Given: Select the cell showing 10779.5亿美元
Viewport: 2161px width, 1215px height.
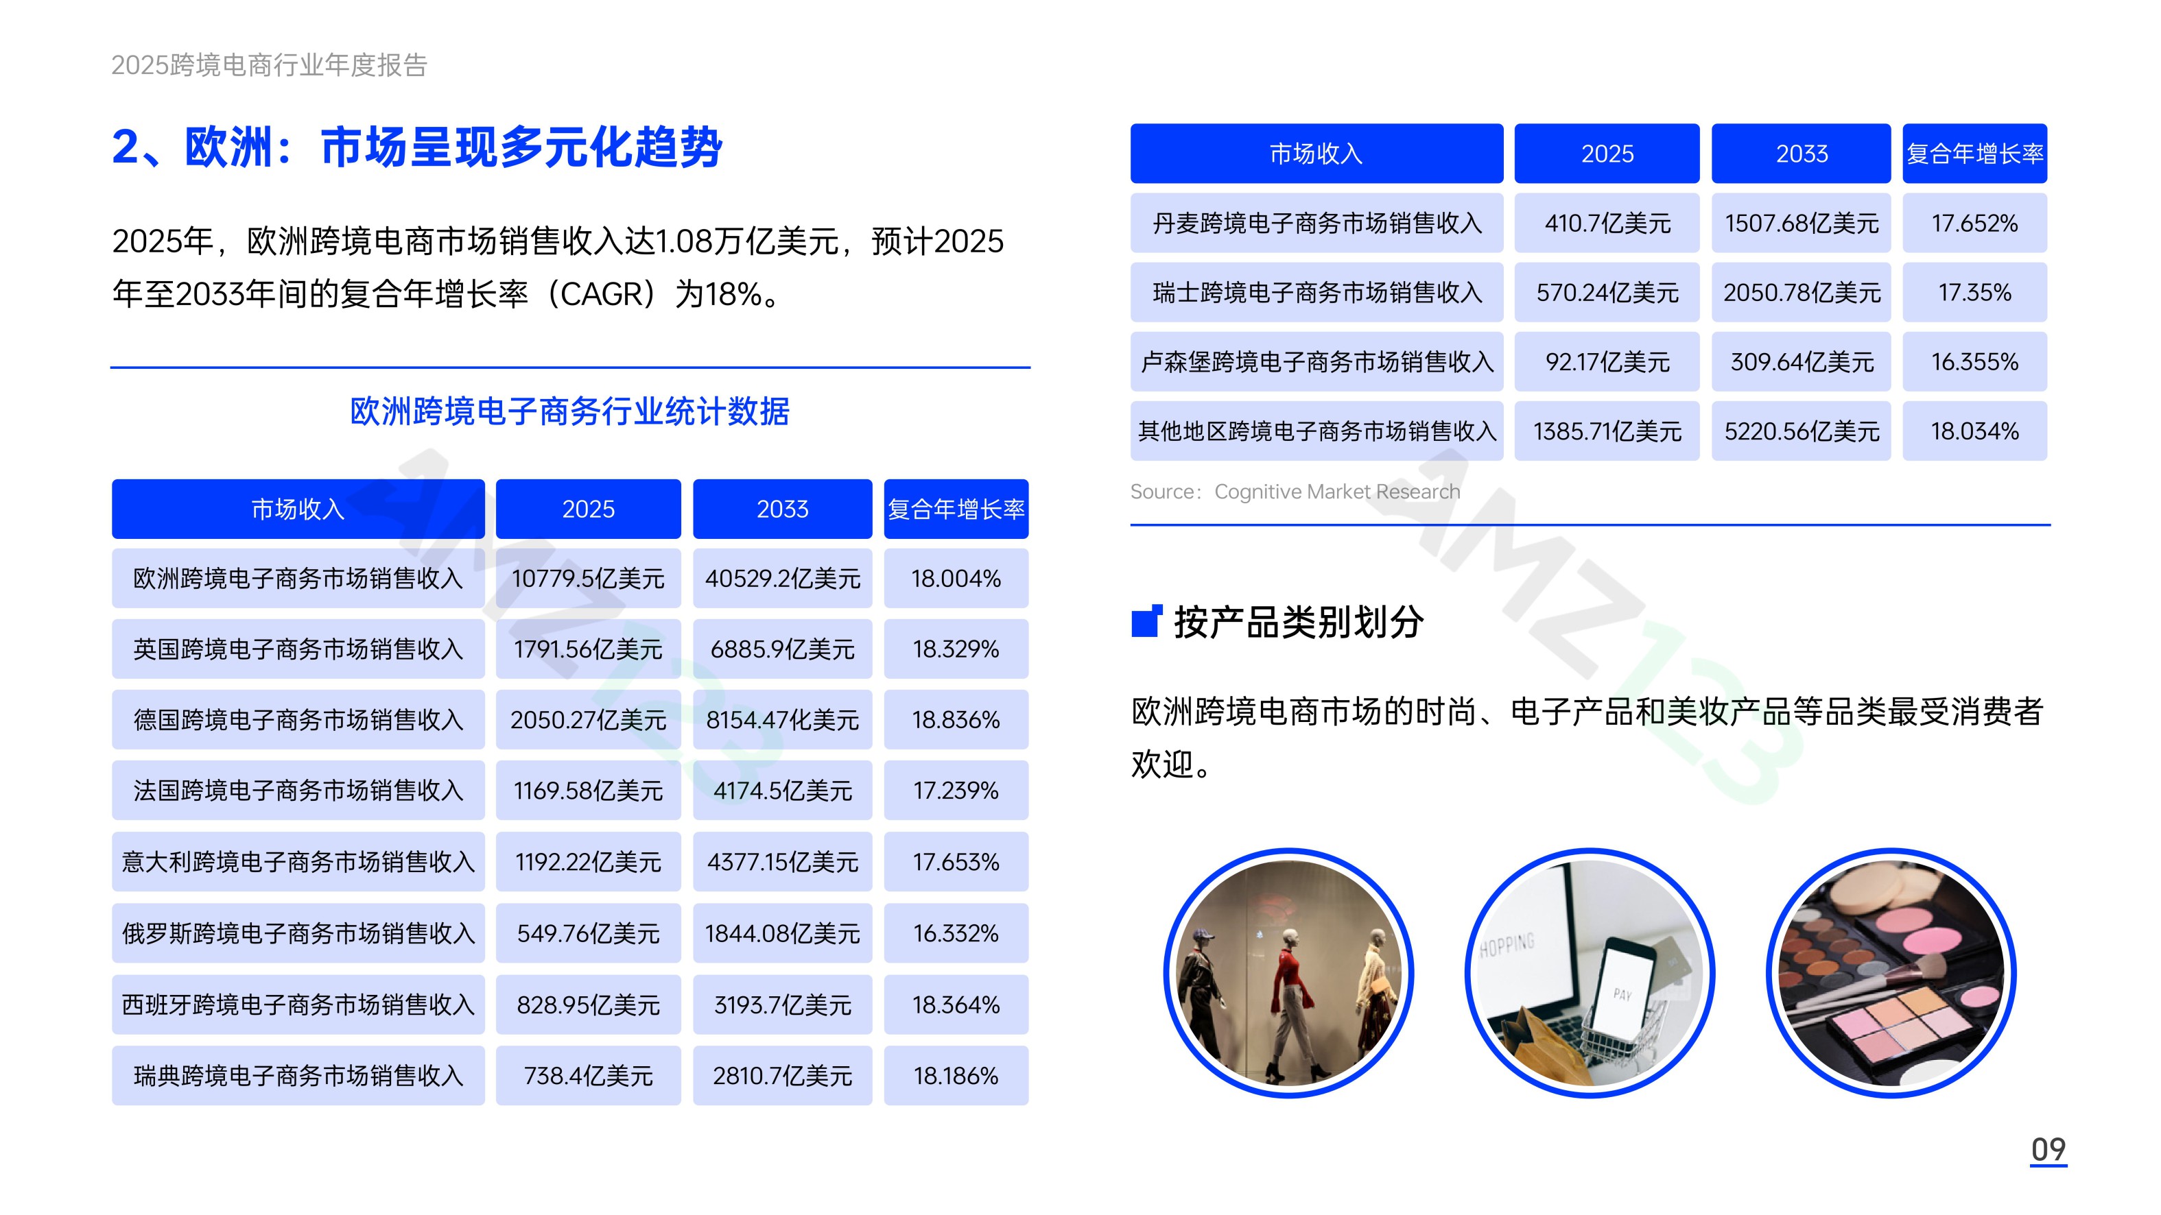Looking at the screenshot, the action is click(x=588, y=579).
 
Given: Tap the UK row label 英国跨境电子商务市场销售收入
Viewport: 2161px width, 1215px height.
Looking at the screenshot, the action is click(x=298, y=649).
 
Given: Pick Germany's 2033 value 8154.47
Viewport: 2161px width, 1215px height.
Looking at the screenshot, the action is click(x=783, y=719).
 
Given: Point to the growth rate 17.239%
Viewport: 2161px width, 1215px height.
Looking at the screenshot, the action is click(x=956, y=791).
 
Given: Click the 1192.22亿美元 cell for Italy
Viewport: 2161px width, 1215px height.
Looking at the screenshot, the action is click(x=588, y=862).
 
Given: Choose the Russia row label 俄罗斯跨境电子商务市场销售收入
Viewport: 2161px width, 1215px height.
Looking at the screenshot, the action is click(x=298, y=933).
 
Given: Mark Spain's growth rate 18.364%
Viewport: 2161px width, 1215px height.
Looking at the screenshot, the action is click(x=956, y=1005).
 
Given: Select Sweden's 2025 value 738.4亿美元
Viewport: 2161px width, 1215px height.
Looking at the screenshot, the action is click(x=588, y=1076).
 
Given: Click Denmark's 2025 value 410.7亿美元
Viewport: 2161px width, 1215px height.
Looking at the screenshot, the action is click(x=1607, y=223).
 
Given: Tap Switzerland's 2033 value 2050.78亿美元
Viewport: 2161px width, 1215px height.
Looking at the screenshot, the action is click(x=1802, y=293).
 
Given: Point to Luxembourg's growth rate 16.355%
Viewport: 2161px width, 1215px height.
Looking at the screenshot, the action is click(x=1975, y=361).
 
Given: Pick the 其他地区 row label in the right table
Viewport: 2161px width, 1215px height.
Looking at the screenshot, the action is click(x=1317, y=431).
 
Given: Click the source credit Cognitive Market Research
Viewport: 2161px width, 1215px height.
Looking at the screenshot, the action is click(x=1337, y=492).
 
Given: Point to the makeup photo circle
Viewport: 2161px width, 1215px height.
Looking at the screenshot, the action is click(x=1891, y=973).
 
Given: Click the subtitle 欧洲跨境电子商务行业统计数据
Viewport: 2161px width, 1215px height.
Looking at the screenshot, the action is click(x=569, y=411).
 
